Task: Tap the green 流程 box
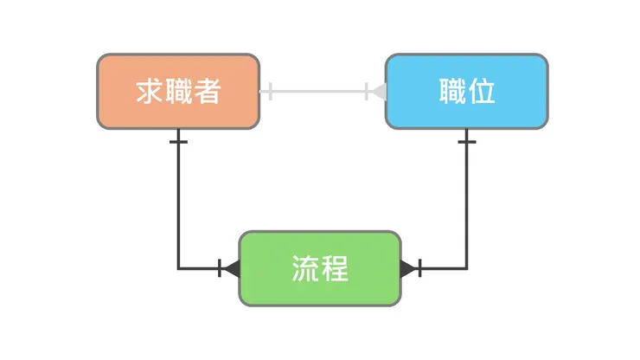point(319,268)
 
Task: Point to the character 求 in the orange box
point(150,92)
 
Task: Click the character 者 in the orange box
point(207,92)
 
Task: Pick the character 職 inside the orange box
point(178,92)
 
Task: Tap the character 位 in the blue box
point(482,92)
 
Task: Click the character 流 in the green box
point(305,269)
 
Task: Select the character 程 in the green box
point(334,269)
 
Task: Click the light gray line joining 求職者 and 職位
point(320,91)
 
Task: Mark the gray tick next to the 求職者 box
point(271,91)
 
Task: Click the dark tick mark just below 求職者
point(178,141)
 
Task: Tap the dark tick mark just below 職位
point(467,141)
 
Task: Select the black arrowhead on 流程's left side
point(231,268)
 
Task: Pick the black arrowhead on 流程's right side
point(407,268)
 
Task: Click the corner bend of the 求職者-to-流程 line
point(178,268)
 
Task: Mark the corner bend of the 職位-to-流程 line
point(467,268)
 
